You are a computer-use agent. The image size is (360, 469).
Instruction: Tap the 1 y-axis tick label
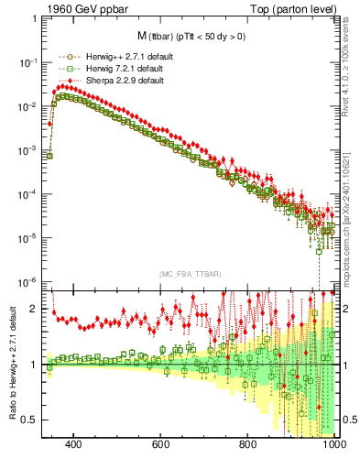pyautogui.click(x=34, y=365)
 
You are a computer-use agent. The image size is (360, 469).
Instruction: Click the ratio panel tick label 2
pyautogui.click(x=34, y=309)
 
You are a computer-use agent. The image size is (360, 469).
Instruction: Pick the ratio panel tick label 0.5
pyautogui.click(x=29, y=420)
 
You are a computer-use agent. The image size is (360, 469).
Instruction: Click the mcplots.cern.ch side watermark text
pyautogui.click(x=349, y=192)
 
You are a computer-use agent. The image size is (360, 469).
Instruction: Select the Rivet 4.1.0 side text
pyautogui.click(x=349, y=64)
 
